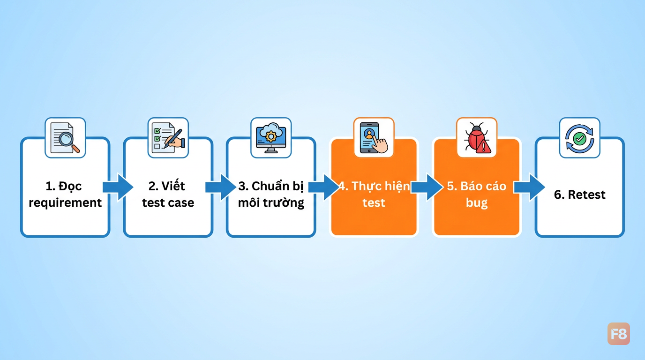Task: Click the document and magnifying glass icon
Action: pos(65,138)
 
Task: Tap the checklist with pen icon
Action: pos(168,138)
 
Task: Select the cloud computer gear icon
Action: pos(271,138)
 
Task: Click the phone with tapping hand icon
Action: pos(374,138)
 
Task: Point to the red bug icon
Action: pos(477,138)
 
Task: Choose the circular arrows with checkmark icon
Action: pos(580,138)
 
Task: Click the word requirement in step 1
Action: pos(65,203)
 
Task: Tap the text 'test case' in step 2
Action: pos(168,203)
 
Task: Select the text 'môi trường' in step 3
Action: pos(271,203)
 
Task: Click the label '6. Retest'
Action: pos(580,195)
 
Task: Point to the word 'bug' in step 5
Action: pos(477,203)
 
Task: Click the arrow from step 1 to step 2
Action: pos(118,187)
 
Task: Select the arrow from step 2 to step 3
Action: pos(221,187)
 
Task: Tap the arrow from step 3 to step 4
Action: pos(323,187)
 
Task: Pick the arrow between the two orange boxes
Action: pos(427,187)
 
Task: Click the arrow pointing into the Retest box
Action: pos(530,187)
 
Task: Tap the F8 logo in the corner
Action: pos(618,334)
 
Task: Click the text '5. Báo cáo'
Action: pos(477,187)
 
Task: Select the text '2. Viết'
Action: pos(167,186)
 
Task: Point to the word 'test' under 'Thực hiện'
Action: pos(374,203)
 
